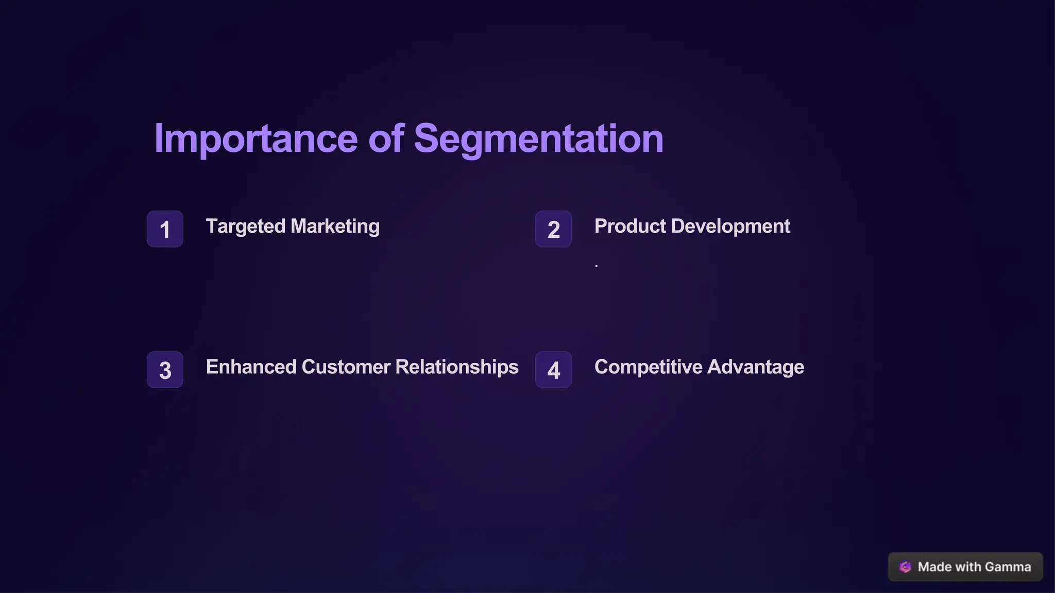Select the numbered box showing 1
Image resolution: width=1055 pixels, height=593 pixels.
(165, 229)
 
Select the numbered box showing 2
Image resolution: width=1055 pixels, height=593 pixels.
(553, 229)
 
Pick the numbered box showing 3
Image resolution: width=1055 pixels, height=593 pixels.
(165, 370)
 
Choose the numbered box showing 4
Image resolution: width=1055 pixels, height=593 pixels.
(553, 370)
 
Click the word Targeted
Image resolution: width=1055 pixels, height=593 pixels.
(245, 226)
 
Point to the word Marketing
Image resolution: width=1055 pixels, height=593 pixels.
(335, 226)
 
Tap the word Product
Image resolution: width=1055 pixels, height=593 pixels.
(630, 226)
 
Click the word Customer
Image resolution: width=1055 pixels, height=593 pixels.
(346, 367)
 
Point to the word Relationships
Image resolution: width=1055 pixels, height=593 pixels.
(456, 367)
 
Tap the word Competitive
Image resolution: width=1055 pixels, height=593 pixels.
(648, 367)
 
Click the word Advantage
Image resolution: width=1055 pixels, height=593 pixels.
(756, 367)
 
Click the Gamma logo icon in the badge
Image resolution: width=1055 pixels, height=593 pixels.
(905, 567)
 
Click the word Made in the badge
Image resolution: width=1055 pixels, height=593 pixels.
(934, 567)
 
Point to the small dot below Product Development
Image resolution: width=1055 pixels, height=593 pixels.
(596, 266)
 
